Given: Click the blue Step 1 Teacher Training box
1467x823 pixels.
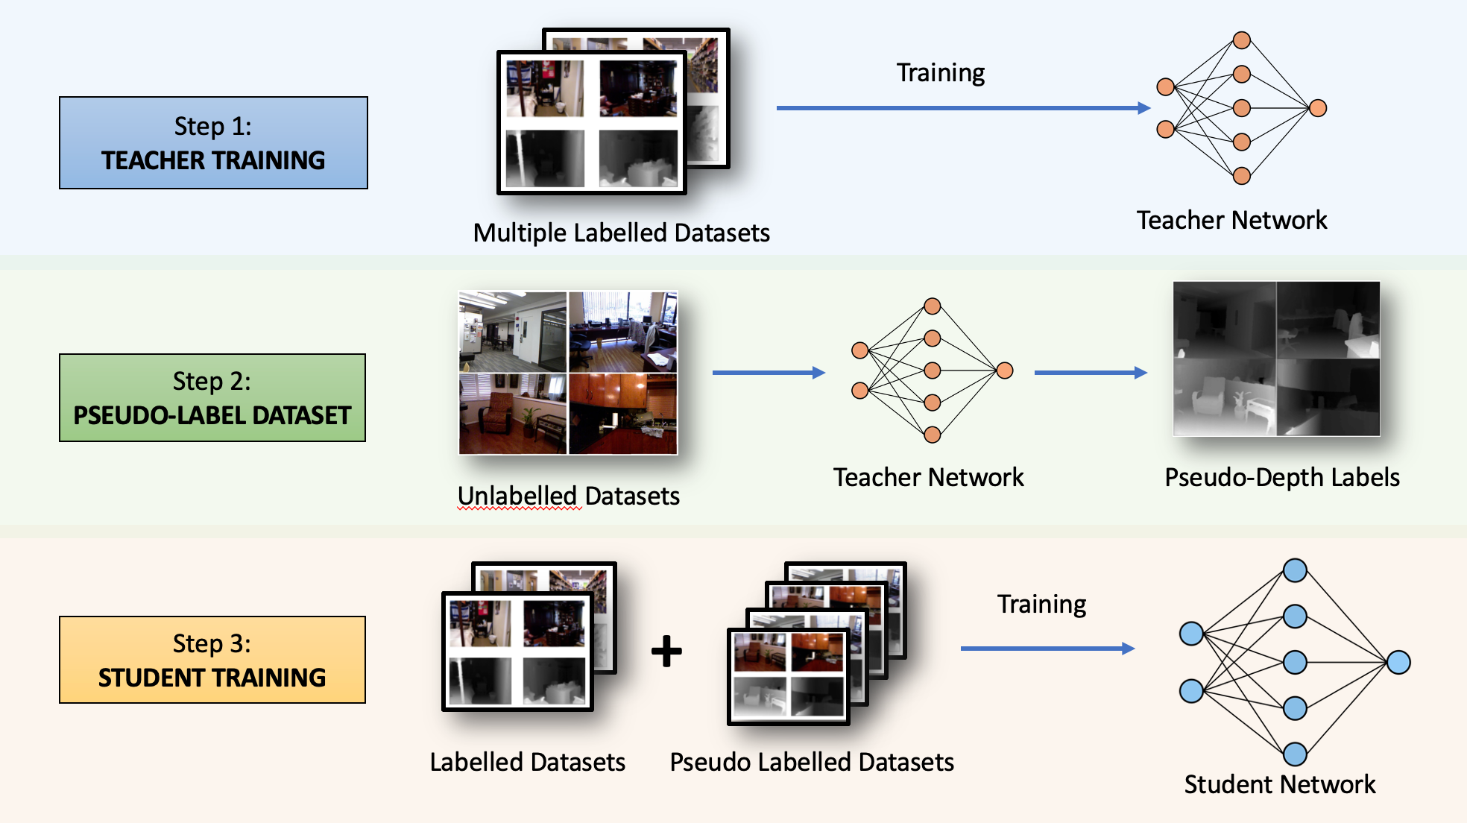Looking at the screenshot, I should click(213, 142).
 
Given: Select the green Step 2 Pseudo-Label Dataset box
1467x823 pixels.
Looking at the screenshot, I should click(212, 397).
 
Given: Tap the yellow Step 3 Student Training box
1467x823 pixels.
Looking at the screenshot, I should click(212, 660).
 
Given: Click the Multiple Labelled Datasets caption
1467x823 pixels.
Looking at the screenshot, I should click(621, 233).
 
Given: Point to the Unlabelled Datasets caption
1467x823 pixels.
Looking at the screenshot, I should click(568, 496).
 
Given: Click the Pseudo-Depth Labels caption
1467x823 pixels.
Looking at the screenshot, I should click(1282, 477).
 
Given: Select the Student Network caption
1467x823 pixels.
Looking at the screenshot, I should click(1279, 784).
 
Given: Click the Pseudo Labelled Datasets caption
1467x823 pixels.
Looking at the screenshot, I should click(812, 762).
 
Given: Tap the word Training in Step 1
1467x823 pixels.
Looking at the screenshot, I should click(940, 73).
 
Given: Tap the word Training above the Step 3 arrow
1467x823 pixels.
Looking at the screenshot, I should click(1041, 604).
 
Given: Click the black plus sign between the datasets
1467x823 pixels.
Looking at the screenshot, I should click(666, 651).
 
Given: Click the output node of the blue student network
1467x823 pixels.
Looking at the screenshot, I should click(1398, 662).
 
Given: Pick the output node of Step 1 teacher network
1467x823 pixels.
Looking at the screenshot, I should click(1318, 108).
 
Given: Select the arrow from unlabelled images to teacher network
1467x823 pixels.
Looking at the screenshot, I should click(769, 372).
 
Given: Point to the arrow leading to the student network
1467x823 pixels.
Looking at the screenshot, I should click(1047, 649).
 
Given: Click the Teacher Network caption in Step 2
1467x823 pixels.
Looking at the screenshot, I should click(928, 477).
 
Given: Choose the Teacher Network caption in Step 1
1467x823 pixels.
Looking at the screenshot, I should click(1231, 220).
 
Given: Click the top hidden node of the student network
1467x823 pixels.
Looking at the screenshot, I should click(1295, 570).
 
